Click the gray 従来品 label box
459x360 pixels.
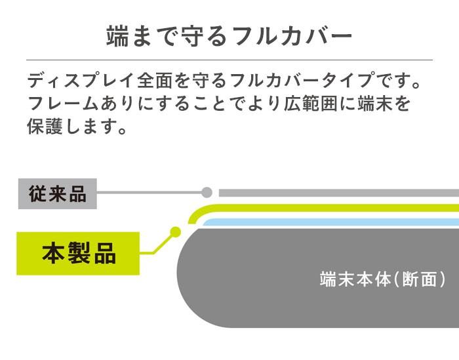coord(58,193)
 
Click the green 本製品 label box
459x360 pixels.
coord(79,252)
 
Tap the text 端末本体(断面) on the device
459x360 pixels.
coord(383,279)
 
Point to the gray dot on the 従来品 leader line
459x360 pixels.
coord(207,193)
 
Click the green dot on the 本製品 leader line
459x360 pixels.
coord(175,231)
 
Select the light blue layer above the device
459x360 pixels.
coord(328,224)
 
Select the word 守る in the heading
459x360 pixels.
coord(209,36)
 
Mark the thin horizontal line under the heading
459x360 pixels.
coord(229,60)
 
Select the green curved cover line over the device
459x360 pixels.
coord(328,209)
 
